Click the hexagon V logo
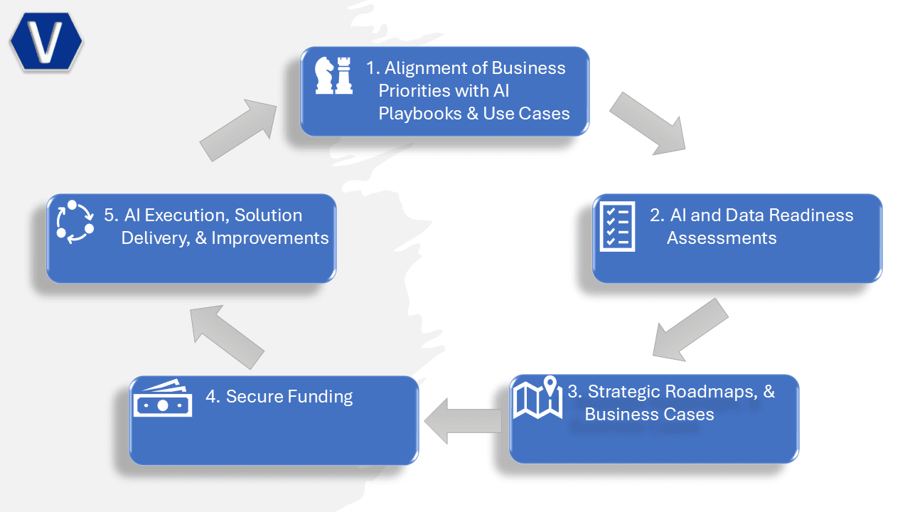tap(46, 41)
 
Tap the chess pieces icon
tap(334, 75)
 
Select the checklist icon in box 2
tap(617, 226)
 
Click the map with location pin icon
tap(538, 398)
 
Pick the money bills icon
tap(163, 398)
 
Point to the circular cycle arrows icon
tap(75, 222)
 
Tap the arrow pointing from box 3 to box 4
tap(462, 421)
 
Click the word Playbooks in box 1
tap(420, 114)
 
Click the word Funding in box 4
tap(321, 397)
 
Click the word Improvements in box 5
tap(269, 238)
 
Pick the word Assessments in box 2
tap(722, 238)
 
